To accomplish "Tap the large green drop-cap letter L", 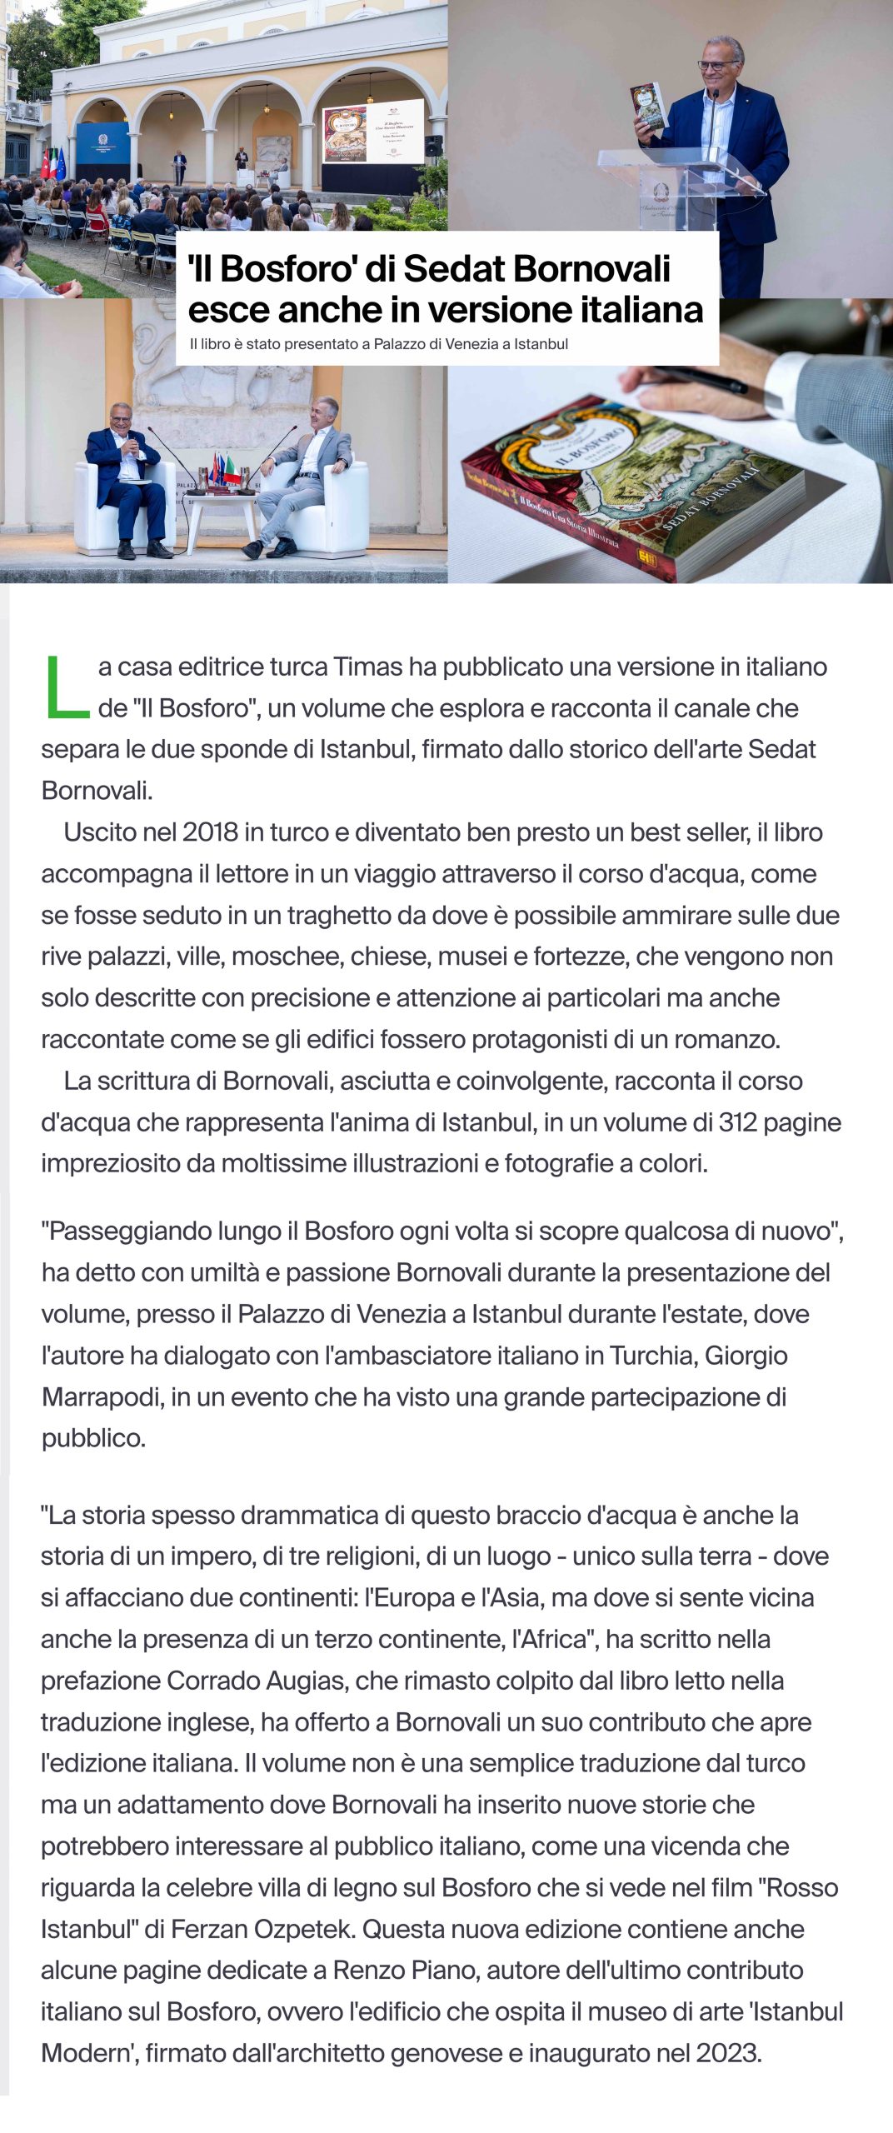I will tap(66, 687).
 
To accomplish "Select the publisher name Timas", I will tap(362, 667).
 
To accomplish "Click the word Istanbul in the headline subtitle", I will tap(541, 344).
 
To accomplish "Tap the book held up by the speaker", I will tap(651, 106).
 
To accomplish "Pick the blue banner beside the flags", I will tap(102, 154).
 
